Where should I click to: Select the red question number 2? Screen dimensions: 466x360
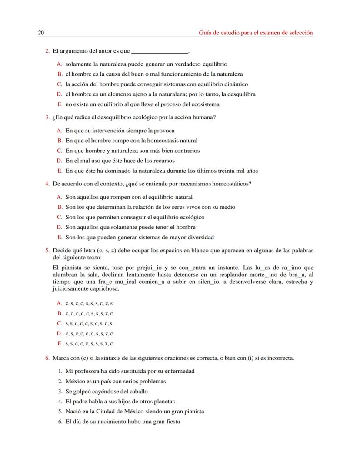[47, 51]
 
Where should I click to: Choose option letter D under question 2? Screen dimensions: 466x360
[60, 94]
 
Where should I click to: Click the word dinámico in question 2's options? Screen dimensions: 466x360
[235, 84]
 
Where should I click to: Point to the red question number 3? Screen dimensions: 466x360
[47, 117]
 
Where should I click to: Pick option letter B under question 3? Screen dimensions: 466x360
[60, 141]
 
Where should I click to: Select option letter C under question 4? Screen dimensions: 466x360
[60, 217]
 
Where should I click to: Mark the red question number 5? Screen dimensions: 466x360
[47, 251]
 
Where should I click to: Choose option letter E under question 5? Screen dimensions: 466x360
[60, 343]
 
